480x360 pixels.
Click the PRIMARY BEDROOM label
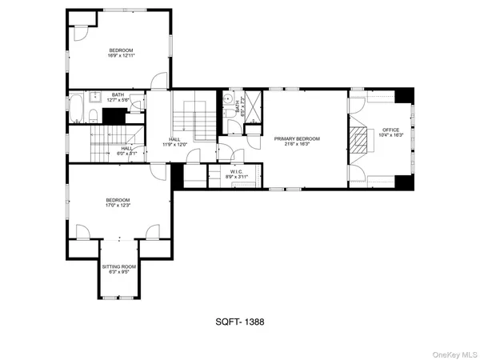point(297,138)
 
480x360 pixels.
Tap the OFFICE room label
point(390,130)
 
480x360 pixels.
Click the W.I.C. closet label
point(236,171)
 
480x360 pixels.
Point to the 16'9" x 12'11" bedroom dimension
point(122,56)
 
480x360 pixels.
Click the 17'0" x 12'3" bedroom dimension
point(118,206)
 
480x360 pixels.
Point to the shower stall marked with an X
point(253,105)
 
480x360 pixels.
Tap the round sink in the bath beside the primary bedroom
point(227,100)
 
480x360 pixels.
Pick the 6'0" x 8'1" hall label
point(127,150)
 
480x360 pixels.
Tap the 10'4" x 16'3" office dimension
point(390,135)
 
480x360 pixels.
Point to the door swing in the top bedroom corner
point(80,30)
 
